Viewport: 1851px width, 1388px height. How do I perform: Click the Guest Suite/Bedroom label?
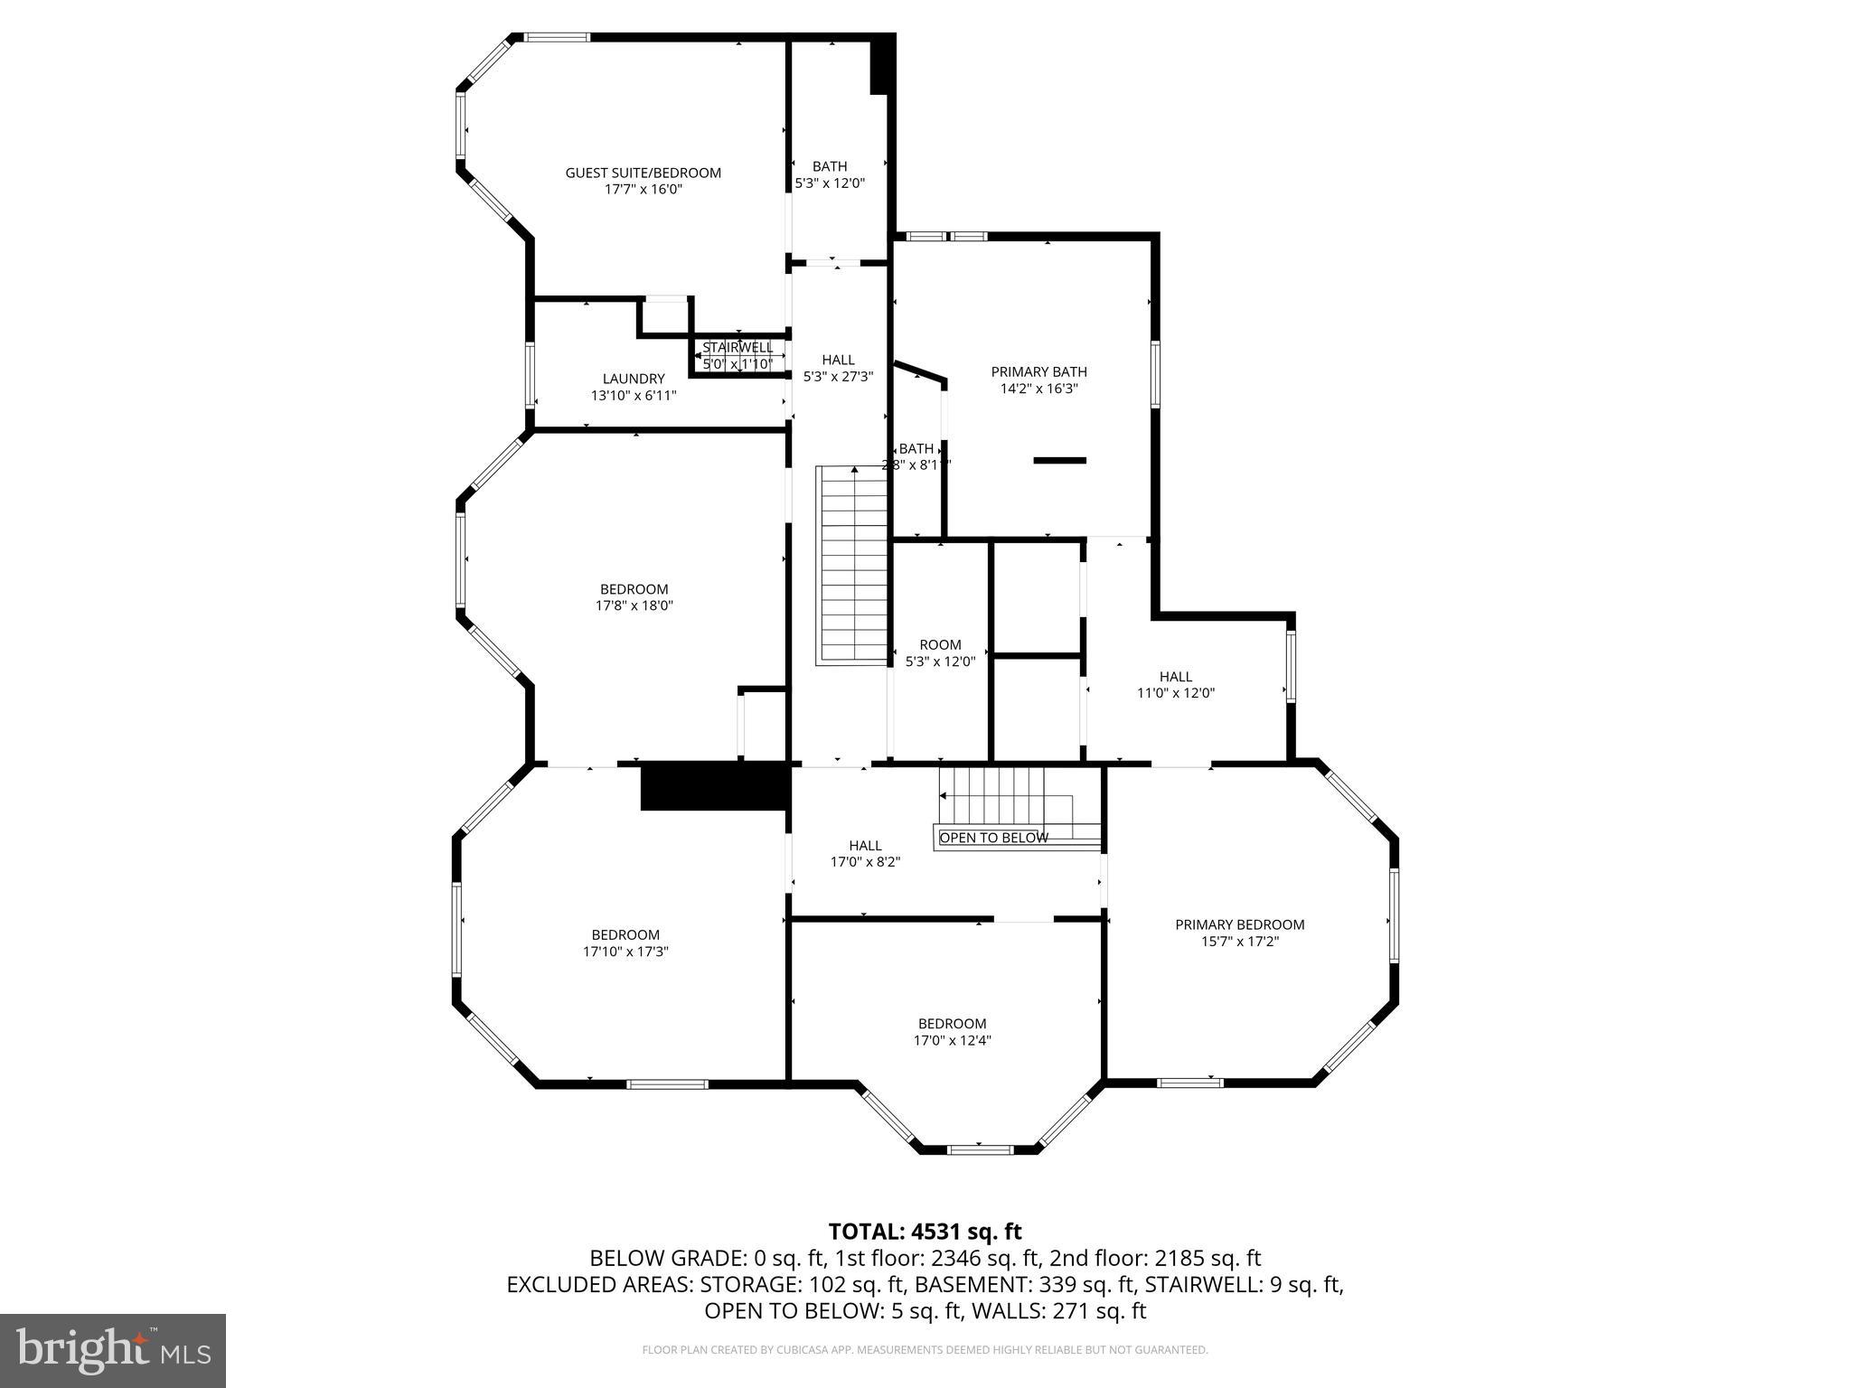pyautogui.click(x=643, y=173)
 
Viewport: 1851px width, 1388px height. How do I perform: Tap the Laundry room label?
pyautogui.click(x=633, y=380)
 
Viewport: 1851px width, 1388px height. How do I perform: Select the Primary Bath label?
pyautogui.click(x=1038, y=372)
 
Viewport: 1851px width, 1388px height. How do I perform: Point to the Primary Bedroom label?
pyautogui.click(x=1239, y=924)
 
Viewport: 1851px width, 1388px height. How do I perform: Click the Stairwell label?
pyautogui.click(x=738, y=348)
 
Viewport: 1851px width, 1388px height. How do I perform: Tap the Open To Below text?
pyautogui.click(x=993, y=838)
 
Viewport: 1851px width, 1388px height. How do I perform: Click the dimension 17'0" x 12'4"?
pyautogui.click(x=952, y=1040)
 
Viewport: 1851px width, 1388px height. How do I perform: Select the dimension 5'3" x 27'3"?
pyautogui.click(x=838, y=377)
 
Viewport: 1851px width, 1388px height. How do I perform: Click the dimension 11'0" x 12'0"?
pyautogui.click(x=1175, y=693)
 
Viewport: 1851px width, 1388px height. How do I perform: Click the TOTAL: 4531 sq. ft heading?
pyautogui.click(x=925, y=1232)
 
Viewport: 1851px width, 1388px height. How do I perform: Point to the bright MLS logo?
pyautogui.click(x=113, y=1351)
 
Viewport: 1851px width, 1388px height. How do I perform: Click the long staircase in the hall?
pyautogui.click(x=852, y=566)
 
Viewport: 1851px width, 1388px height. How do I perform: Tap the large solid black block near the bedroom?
pyautogui.click(x=714, y=786)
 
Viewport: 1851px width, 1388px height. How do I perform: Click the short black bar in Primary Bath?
pyautogui.click(x=1059, y=461)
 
